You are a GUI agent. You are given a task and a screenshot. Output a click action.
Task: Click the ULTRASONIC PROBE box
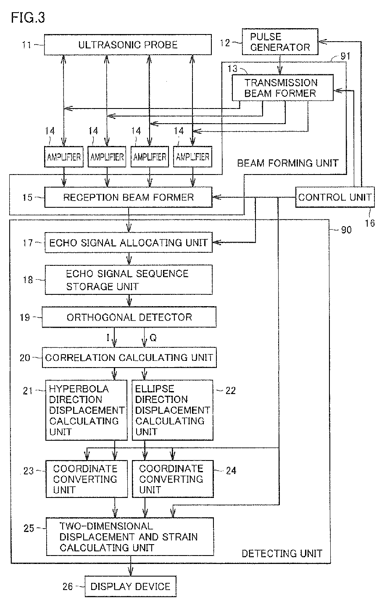pyautogui.click(x=128, y=45)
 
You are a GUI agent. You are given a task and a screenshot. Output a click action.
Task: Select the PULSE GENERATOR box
pyautogui.click(x=280, y=42)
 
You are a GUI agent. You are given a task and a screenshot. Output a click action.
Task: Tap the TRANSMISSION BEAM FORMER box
pyautogui.click(x=282, y=88)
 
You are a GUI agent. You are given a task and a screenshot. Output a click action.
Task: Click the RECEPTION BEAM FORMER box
pyautogui.click(x=128, y=197)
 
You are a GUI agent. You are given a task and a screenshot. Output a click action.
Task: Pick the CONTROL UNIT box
pyautogui.click(x=335, y=197)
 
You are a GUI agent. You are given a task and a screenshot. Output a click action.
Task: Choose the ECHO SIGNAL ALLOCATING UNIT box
pyautogui.click(x=128, y=243)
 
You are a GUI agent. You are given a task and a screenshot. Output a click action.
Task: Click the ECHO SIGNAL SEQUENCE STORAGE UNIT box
pyautogui.click(x=128, y=280)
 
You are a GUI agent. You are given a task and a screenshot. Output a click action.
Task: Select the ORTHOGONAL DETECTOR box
pyautogui.click(x=129, y=317)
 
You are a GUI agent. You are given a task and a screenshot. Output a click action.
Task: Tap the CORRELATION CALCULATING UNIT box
pyautogui.click(x=129, y=357)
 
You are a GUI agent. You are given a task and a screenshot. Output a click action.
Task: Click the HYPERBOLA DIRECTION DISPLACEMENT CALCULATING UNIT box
pyautogui.click(x=86, y=410)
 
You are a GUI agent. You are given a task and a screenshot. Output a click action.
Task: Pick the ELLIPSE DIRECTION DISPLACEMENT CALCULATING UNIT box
pyautogui.click(x=172, y=410)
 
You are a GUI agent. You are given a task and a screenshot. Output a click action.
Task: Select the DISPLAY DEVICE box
pyautogui.click(x=131, y=586)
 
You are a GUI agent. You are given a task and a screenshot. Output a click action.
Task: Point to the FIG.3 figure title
pyautogui.click(x=28, y=18)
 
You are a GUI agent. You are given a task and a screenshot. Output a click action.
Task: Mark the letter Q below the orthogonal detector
pyautogui.click(x=153, y=337)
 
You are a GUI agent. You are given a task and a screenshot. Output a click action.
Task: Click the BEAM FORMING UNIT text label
pyautogui.click(x=288, y=163)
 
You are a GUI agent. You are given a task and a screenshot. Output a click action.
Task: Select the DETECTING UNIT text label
pyautogui.click(x=282, y=553)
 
